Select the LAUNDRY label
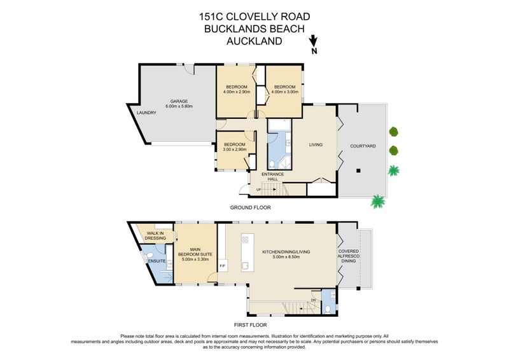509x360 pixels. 147,113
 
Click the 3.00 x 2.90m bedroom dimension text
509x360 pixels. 235,149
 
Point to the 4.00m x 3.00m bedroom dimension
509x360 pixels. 284,92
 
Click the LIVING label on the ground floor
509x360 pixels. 316,144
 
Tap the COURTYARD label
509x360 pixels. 363,146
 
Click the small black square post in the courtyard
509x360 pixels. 358,170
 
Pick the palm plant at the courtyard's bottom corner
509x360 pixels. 378,202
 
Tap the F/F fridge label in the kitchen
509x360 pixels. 223,265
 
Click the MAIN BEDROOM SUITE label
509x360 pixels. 196,254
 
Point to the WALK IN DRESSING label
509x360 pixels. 156,236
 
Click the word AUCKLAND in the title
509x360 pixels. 254,41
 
